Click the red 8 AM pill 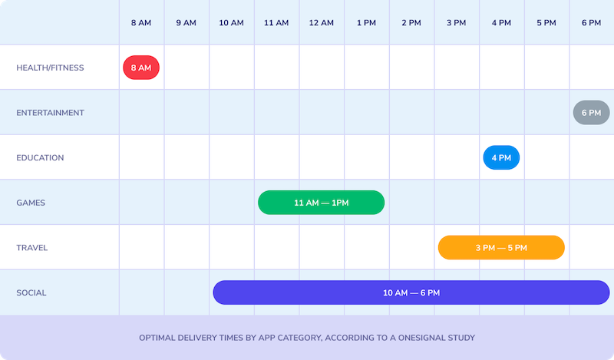141,68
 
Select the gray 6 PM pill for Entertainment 591,112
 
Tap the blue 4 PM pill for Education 501,157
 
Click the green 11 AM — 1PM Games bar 321,203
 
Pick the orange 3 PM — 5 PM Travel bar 501,248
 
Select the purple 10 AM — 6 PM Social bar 411,292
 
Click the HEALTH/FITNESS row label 50,68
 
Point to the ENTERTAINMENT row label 50,113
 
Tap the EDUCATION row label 40,158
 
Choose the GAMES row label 31,203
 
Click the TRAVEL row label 31,248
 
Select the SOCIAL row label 31,293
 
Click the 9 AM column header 186,23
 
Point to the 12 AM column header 321,23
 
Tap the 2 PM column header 411,23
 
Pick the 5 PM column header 546,23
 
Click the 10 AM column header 231,23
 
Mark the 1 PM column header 366,23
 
